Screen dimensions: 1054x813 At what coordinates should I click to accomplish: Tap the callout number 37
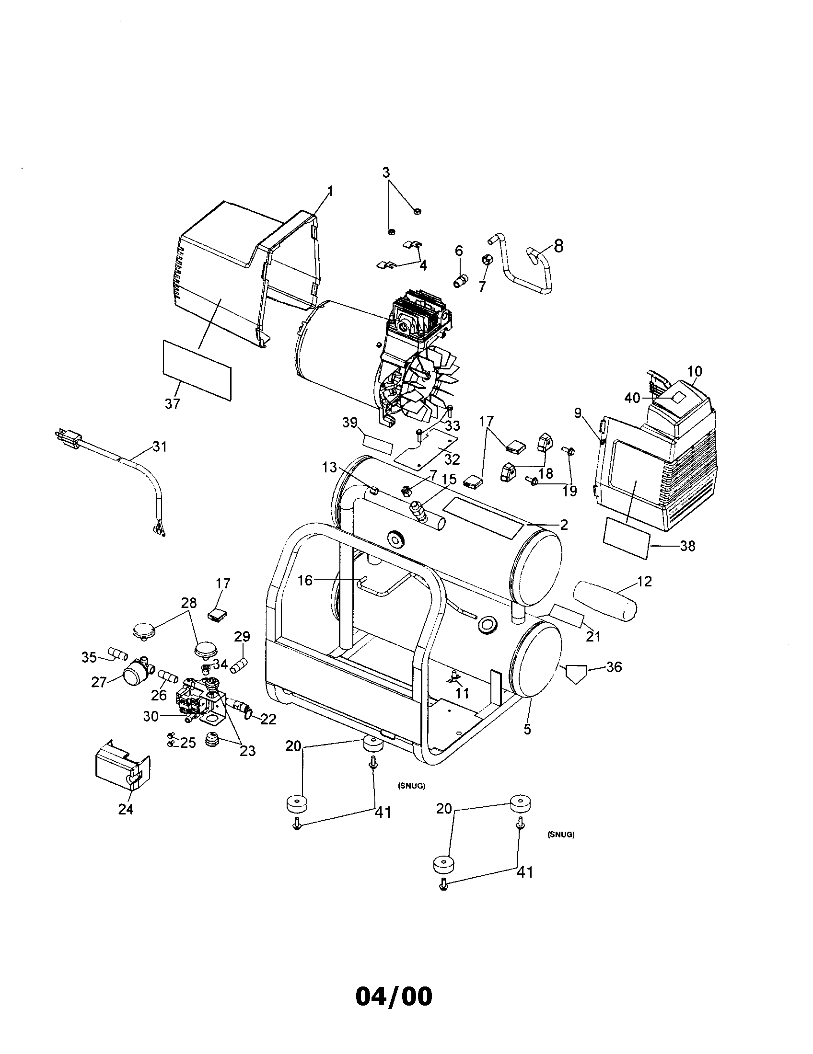tap(173, 404)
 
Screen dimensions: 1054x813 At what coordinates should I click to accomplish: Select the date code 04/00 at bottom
tap(394, 996)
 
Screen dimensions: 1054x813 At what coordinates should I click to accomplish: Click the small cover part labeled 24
tap(122, 767)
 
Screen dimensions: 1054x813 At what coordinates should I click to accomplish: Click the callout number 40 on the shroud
tap(632, 398)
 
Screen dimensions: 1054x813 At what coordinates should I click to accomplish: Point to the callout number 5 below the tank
tap(527, 729)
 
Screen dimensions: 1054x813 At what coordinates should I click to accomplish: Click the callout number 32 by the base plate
tap(452, 458)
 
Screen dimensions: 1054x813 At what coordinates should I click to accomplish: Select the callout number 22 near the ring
tap(268, 720)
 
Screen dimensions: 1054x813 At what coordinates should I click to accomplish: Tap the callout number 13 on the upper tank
tap(330, 467)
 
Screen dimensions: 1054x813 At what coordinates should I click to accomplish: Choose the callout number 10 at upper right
tap(695, 372)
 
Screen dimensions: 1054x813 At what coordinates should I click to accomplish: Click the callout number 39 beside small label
tap(350, 422)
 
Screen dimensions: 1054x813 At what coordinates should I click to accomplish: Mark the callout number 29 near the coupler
tap(242, 636)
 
